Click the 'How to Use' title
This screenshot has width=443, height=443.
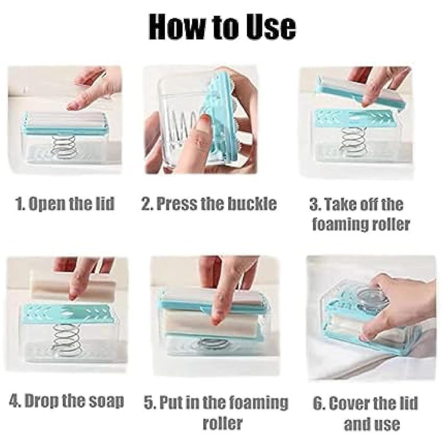221,27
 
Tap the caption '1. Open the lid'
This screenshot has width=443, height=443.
65,204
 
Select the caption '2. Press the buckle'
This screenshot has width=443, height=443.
209,204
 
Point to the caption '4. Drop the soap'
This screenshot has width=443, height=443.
65,401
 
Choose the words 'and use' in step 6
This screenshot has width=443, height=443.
372,424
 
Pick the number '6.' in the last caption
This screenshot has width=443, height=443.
319,403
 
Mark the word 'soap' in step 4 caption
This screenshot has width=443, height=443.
104,401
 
